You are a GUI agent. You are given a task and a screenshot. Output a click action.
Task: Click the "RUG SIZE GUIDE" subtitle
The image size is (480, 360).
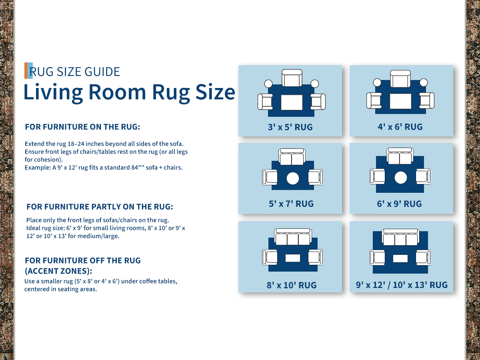coord(74,72)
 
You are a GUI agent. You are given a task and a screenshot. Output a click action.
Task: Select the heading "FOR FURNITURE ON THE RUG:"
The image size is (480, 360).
coord(82,127)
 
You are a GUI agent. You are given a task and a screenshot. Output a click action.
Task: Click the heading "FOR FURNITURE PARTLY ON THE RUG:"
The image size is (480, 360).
coord(100,206)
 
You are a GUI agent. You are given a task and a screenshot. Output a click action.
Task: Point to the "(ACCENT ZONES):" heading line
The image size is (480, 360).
coord(58,271)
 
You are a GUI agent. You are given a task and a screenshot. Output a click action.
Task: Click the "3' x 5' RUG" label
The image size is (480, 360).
coord(290,127)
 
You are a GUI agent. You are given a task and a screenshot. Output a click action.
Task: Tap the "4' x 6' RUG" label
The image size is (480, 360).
coord(400,127)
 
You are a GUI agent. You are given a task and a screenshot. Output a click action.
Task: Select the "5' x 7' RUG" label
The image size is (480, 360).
coord(291,204)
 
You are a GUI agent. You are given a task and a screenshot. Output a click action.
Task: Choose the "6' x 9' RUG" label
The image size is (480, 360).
coord(399,204)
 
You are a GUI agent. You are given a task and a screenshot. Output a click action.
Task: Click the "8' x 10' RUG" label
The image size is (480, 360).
coord(292,285)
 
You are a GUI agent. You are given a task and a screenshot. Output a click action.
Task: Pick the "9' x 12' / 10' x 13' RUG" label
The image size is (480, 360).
coord(402,285)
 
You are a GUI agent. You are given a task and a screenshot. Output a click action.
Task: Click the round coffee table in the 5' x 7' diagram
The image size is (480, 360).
coord(292,178)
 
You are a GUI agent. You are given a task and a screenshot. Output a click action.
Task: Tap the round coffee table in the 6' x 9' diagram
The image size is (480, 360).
coord(401,178)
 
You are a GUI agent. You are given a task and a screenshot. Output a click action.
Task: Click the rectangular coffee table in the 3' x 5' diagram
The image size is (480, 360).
coord(292,102)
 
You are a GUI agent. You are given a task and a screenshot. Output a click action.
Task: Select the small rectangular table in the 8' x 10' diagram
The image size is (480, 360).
coord(292,258)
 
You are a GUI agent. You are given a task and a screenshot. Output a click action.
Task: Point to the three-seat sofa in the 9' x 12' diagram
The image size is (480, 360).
coord(400,237)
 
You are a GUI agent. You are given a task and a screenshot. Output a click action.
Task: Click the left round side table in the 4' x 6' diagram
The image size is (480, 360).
coord(377,83)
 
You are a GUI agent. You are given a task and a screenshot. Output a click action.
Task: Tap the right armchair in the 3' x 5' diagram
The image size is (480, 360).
coord(318,102)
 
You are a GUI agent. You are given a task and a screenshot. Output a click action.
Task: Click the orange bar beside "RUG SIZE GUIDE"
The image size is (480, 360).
coord(26,71)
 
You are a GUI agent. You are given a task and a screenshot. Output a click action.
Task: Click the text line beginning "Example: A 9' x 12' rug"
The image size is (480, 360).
coord(104,168)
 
